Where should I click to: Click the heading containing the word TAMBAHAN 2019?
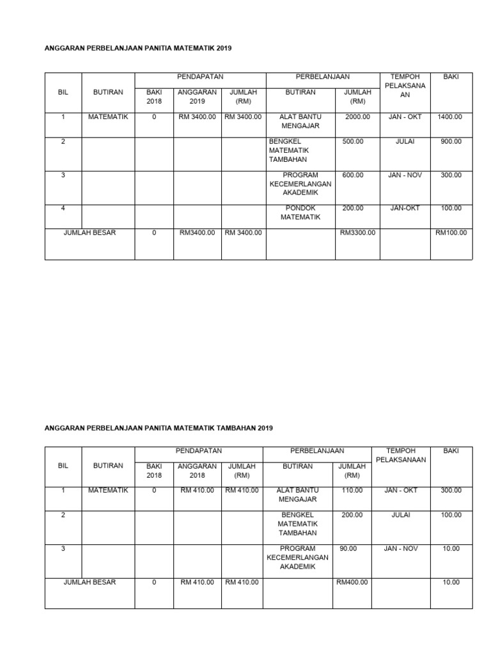pyautogui.click(x=159, y=428)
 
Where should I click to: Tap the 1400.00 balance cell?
pyautogui.click(x=450, y=117)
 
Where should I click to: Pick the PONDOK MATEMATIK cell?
pyautogui.click(x=300, y=212)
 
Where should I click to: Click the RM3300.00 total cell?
pyautogui.click(x=358, y=233)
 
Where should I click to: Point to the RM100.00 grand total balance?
pyautogui.click(x=451, y=233)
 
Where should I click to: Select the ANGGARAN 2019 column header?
pyautogui.click(x=198, y=97)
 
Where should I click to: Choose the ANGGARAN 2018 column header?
pyautogui.click(x=198, y=471)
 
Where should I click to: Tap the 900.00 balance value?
pyautogui.click(x=451, y=141)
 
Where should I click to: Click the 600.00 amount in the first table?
pyautogui.click(x=353, y=175)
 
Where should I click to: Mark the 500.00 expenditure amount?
pyautogui.click(x=353, y=141)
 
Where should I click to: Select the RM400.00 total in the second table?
pyautogui.click(x=352, y=583)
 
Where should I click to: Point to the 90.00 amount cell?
pyautogui.click(x=348, y=549)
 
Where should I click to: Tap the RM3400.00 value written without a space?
pyautogui.click(x=198, y=233)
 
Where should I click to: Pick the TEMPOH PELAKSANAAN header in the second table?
pyautogui.click(x=400, y=455)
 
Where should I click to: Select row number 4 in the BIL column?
pyautogui.click(x=63, y=208)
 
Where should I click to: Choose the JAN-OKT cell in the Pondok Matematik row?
pyautogui.click(x=404, y=208)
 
